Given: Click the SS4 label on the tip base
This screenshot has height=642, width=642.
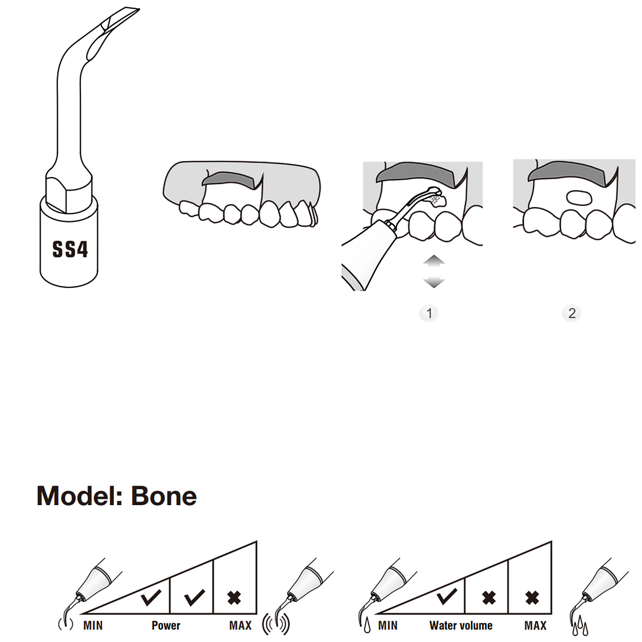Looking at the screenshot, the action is pos(70,249).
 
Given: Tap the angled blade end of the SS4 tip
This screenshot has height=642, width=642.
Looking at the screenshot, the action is pos(120,20).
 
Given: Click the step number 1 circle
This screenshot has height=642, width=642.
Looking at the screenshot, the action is pos(429,313).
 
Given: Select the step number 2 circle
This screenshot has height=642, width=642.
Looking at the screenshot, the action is pos(572,313).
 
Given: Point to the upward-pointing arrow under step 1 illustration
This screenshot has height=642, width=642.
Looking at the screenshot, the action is pos(434,262).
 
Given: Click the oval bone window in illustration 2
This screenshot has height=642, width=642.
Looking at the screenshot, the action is pos(579,198).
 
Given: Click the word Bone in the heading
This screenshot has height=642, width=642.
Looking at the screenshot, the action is pos(164,496).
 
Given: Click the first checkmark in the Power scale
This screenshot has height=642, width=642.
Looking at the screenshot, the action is pos(151,597).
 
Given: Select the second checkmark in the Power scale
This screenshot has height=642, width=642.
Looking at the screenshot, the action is pos(194,597).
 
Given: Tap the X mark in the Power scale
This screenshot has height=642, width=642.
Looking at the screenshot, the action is pos(234,598).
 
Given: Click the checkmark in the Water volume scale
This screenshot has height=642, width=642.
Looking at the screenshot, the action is pos(447,597).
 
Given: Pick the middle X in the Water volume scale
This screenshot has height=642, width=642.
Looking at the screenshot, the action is pos(489,598).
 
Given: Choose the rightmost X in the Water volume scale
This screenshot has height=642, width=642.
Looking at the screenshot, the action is pos(532,598).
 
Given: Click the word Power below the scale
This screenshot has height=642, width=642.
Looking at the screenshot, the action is pos(166,626).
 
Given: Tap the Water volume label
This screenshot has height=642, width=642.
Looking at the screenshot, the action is pos(461,626).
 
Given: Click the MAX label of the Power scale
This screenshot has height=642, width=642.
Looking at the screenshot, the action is pos(240,626).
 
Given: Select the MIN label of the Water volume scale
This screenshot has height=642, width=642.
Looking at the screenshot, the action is pos(388,626).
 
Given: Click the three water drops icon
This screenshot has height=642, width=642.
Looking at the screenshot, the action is pos(580,626).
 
